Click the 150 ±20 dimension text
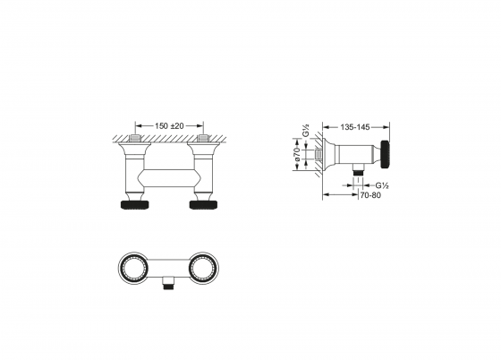[x=169, y=126]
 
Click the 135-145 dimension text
[x=355, y=127]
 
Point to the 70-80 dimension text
[x=370, y=195]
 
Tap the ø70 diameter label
[x=297, y=154]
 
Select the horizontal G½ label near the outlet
[x=382, y=185]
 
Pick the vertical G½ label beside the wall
[x=306, y=130]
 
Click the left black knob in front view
[x=134, y=204]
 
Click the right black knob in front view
[x=204, y=204]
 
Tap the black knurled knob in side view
[x=385, y=154]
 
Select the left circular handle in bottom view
[x=133, y=267]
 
